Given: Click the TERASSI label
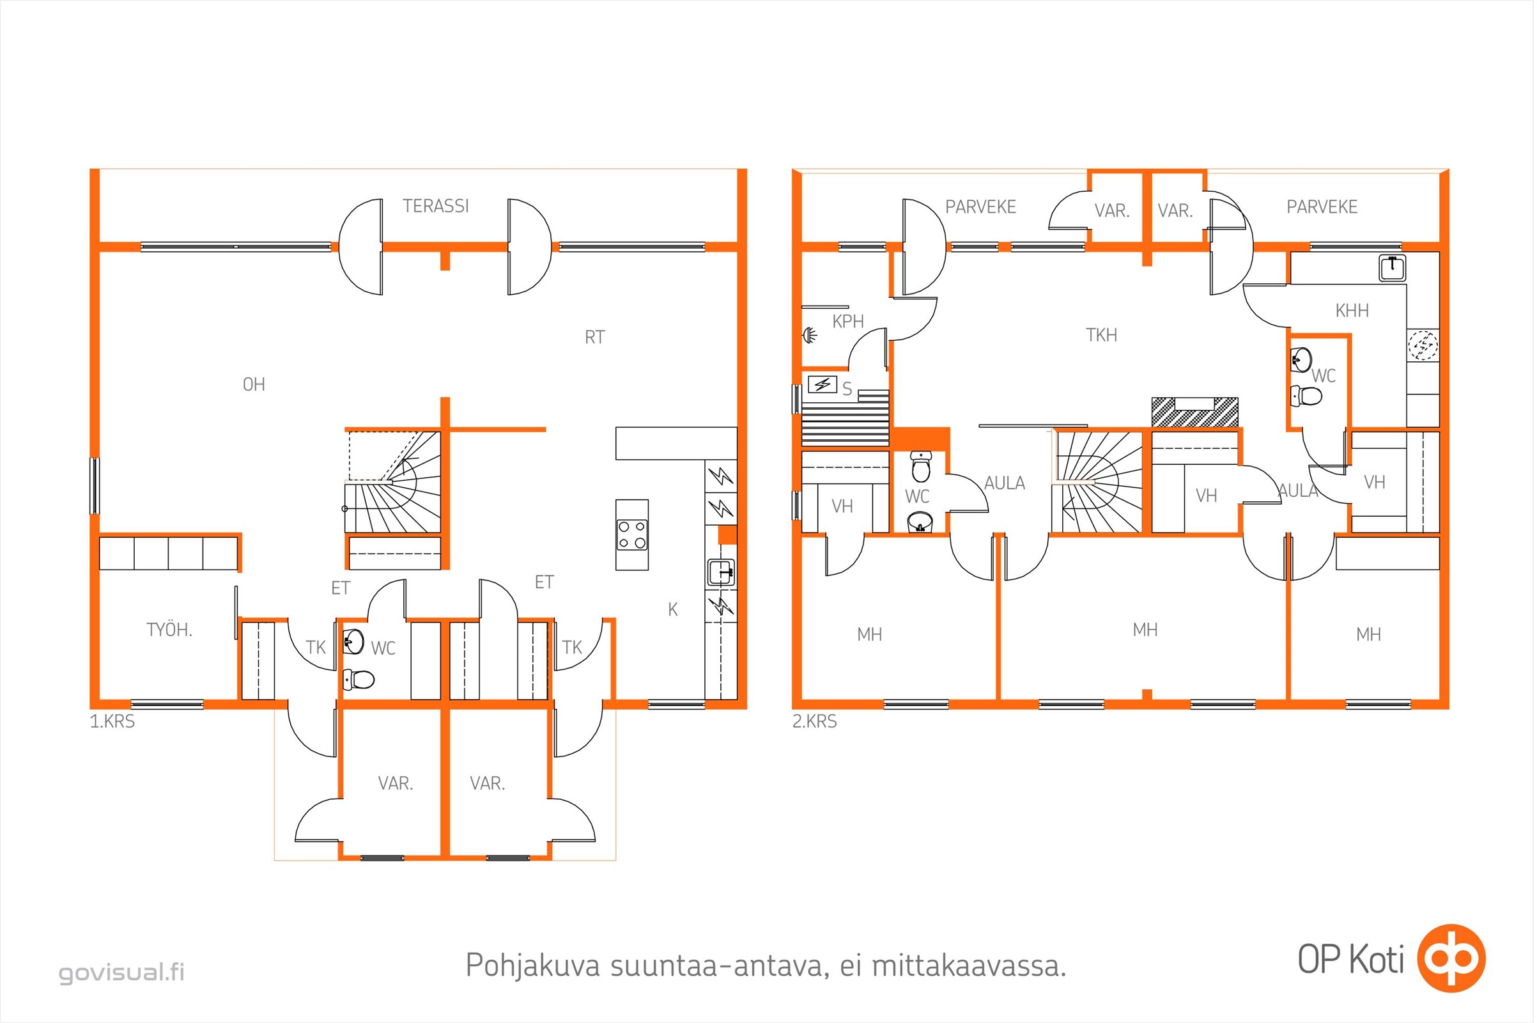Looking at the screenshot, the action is coord(436,206).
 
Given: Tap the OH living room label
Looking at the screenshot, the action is coord(254,384).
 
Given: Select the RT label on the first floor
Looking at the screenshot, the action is coord(594,338).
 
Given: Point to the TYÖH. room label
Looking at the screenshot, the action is coord(169,630).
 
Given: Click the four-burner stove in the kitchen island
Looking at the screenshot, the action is coord(632,535).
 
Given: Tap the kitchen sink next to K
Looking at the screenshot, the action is coord(722,572).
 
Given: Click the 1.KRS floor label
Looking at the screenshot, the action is coord(112,722).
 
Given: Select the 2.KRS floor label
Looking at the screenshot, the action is coord(814,722).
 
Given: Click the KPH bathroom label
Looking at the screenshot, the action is coord(847,322).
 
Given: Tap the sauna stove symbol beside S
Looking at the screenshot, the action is coord(823,384).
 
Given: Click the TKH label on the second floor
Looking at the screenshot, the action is coord(1101,335).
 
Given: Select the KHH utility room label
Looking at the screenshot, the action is coord(1352,311).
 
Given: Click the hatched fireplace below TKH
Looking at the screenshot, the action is coord(1194,412).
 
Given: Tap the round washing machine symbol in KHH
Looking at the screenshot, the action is coord(1422,345).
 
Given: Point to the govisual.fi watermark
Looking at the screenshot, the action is coord(122,972).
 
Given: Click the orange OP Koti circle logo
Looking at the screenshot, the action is coord(1451,958).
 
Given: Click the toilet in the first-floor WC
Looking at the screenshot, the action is coord(358,679).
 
